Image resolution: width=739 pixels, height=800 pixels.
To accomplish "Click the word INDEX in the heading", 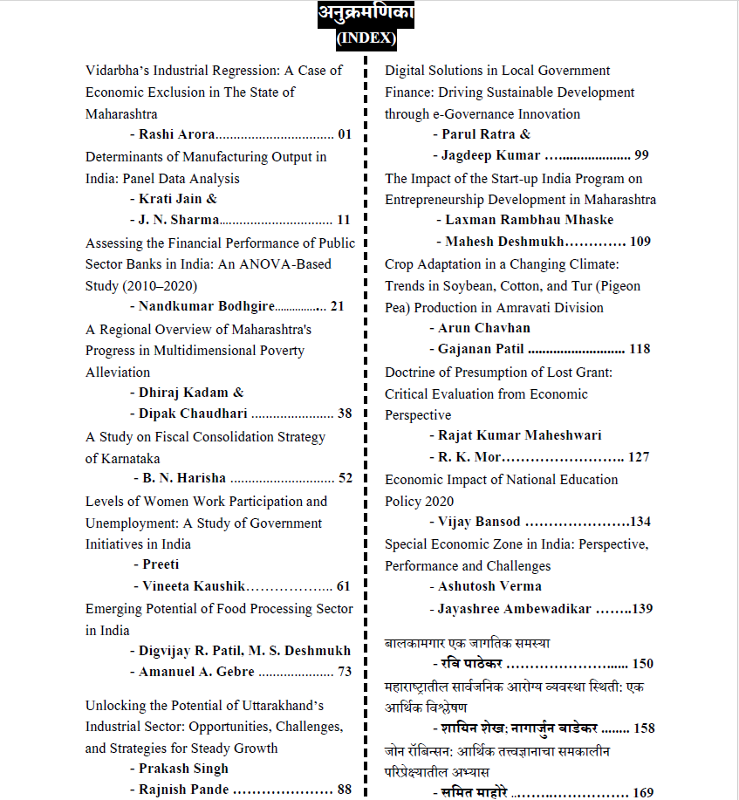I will point(366,38).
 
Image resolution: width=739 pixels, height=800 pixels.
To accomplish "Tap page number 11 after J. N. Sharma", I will point(343,220).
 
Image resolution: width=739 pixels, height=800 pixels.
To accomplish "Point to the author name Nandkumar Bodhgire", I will point(206,306).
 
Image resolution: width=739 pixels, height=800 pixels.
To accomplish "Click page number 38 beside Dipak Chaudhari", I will point(345,414).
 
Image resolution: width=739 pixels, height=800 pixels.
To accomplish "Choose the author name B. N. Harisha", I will point(183,478).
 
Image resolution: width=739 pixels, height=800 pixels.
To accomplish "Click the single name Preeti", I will point(161,564).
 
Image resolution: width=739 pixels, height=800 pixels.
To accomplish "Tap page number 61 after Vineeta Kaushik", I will point(343,586).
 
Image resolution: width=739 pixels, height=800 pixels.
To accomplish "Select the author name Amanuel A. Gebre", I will point(196,672).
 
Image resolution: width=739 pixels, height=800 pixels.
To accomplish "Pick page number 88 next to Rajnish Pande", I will point(345,790).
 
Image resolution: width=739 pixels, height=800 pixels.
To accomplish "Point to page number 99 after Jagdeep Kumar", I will point(641,155).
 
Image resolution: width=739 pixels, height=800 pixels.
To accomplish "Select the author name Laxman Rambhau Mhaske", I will point(527,220).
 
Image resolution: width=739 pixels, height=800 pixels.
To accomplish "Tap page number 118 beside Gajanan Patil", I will point(640,349).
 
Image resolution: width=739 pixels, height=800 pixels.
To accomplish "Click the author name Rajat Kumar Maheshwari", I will point(519,435).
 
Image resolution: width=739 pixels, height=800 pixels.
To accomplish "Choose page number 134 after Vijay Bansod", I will point(640,522).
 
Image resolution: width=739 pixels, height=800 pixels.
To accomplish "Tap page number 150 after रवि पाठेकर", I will point(643,664).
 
